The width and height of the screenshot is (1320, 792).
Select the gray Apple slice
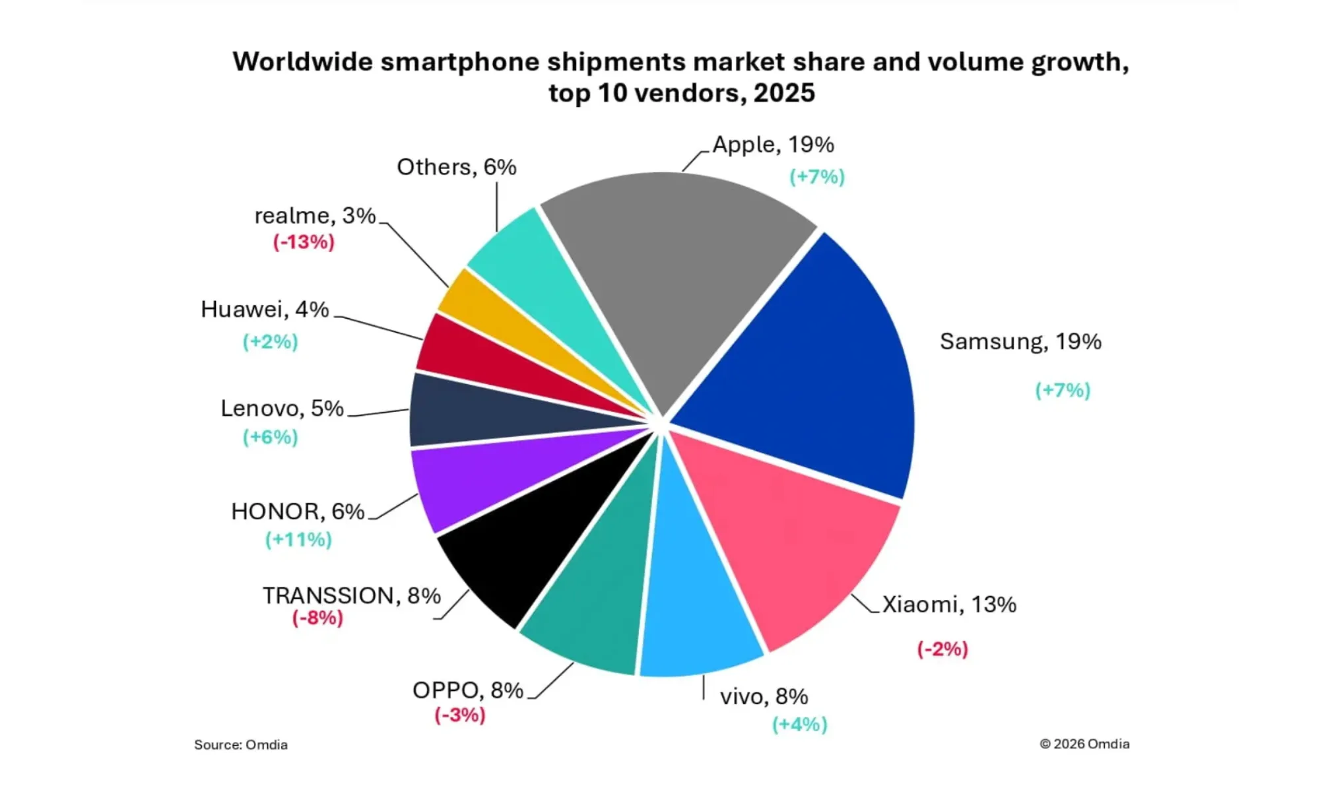(x=673, y=264)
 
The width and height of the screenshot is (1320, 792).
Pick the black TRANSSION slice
(x=535, y=541)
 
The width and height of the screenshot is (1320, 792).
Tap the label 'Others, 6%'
(x=456, y=167)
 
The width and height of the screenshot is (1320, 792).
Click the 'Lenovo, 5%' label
(x=282, y=409)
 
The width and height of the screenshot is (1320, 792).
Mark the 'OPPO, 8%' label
(x=467, y=690)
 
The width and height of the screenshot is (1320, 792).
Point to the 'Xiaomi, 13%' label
(x=949, y=605)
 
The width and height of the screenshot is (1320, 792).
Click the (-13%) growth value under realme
(x=304, y=242)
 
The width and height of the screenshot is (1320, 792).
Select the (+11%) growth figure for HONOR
(x=298, y=540)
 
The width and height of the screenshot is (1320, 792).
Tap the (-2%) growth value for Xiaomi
(x=942, y=649)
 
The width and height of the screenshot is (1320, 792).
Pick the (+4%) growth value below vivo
(x=800, y=725)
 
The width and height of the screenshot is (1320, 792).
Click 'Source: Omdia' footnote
(x=241, y=745)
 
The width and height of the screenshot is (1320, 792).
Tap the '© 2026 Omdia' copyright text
(x=1084, y=744)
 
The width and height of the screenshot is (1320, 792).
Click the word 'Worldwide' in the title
(x=303, y=62)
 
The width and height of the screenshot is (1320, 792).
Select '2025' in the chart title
(x=783, y=93)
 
